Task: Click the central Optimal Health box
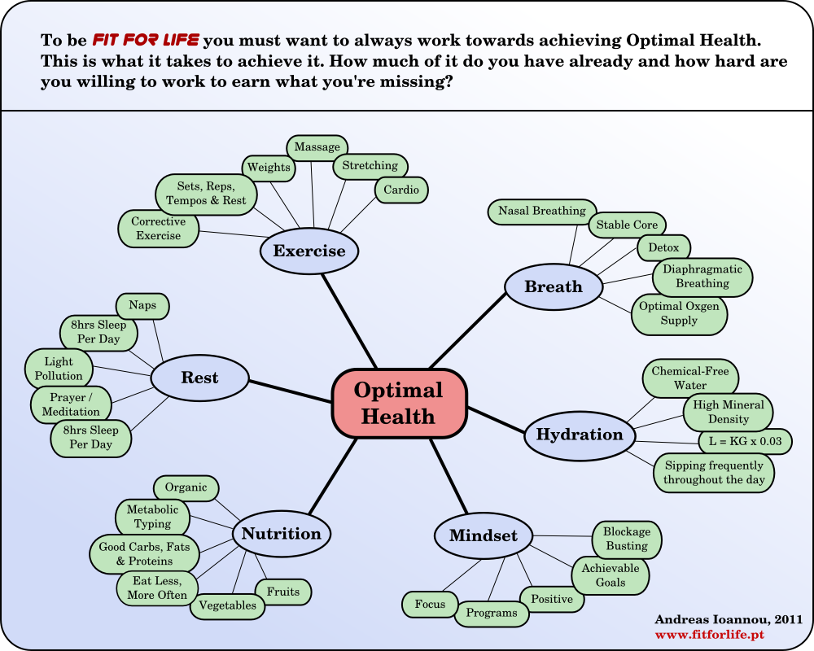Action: (x=399, y=403)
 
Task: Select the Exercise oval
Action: (x=309, y=251)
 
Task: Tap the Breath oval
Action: (x=554, y=286)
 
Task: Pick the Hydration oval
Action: (x=579, y=435)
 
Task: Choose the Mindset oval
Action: (x=483, y=535)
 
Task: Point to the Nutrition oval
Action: (x=282, y=534)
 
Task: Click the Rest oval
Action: (x=199, y=378)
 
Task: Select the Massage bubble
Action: (x=317, y=147)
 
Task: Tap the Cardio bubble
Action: (x=401, y=190)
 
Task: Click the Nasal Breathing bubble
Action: (x=542, y=211)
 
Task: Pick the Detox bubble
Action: (x=663, y=247)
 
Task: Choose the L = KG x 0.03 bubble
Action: (x=745, y=442)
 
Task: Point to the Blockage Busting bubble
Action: (x=626, y=539)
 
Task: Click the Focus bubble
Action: (x=430, y=604)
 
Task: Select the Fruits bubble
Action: (x=283, y=592)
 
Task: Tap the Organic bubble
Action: (x=186, y=488)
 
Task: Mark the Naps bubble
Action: (x=142, y=306)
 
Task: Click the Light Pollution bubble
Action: (x=59, y=369)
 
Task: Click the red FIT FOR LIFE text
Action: (x=146, y=40)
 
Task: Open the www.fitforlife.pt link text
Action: (x=707, y=633)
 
